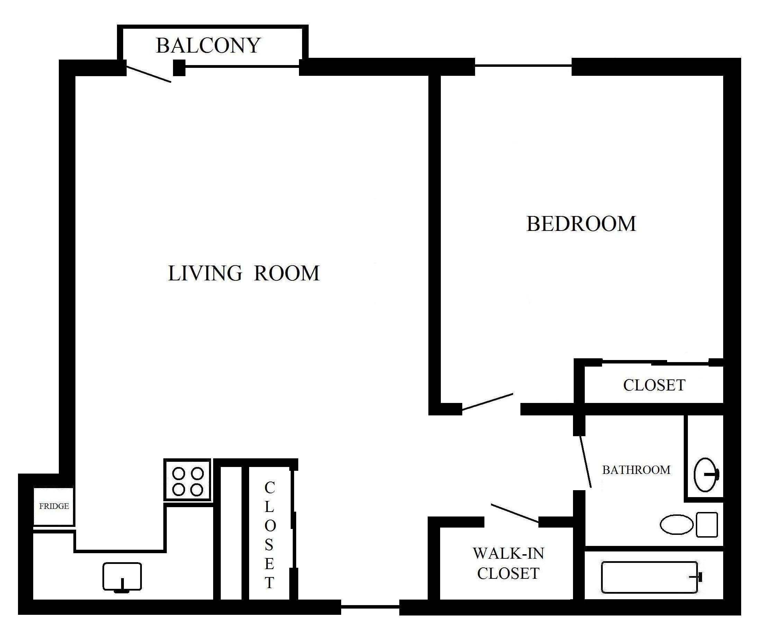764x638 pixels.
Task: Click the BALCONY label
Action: point(208,45)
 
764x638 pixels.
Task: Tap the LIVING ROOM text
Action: point(244,273)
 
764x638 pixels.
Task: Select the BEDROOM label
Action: point(581,224)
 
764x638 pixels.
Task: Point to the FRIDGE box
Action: point(54,506)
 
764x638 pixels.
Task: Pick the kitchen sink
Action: point(122,576)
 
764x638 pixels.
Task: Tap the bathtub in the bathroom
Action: point(650,577)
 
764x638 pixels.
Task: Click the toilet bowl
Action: point(677,524)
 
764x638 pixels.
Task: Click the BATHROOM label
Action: point(636,470)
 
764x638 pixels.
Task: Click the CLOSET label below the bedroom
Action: point(654,385)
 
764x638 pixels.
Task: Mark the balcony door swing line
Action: point(148,74)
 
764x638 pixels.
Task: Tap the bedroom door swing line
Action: point(488,403)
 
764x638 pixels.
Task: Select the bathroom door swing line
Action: point(585,461)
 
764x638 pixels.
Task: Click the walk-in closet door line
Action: point(515,513)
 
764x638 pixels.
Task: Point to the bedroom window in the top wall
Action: point(523,66)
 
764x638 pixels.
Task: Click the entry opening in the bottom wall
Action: point(370,607)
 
